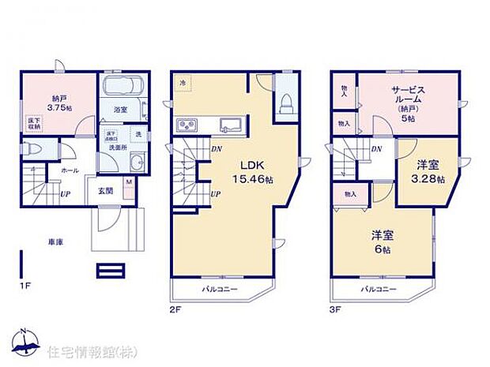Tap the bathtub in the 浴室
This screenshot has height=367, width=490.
pos(122,85)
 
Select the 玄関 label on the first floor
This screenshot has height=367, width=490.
pos(105,190)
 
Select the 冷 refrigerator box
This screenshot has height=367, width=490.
pos(183,82)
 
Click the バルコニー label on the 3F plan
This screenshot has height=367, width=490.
pos(379,290)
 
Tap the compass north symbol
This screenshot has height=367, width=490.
pos(26,338)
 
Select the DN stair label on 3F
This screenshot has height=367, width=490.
pos(378,148)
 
